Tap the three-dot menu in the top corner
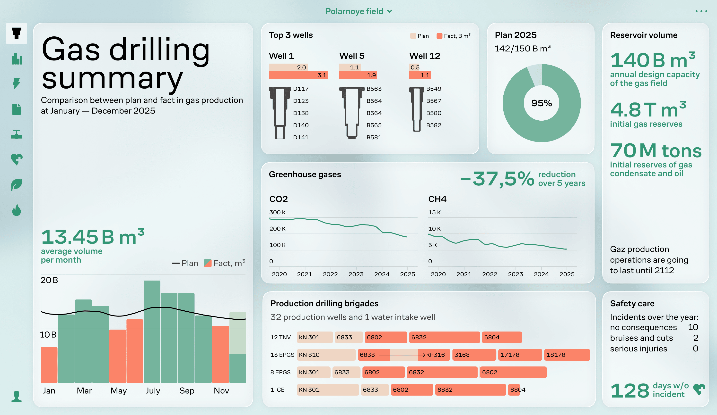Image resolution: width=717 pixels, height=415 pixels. tap(701, 11)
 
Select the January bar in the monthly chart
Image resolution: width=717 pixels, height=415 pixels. tap(49, 365)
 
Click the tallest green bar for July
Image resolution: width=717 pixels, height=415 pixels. tap(152, 331)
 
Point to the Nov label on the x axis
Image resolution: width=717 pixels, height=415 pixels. tap(221, 391)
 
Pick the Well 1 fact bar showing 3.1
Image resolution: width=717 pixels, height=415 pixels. tap(298, 75)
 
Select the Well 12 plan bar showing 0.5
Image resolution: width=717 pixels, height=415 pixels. tap(414, 67)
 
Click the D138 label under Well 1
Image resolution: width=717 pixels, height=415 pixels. tap(301, 113)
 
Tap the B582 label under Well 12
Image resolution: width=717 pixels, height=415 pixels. tap(434, 125)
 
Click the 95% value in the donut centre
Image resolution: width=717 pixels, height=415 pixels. tap(542, 103)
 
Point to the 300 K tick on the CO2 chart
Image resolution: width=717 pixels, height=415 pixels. tap(277, 212)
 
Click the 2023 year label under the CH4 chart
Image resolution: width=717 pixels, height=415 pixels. tap(515, 274)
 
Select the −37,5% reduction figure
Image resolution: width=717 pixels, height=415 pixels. tap(497, 179)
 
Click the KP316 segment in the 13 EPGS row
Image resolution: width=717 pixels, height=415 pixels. tap(435, 355)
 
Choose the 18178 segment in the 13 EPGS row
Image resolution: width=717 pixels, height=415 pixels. tap(567, 355)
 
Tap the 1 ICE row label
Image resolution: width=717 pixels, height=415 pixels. tap(277, 390)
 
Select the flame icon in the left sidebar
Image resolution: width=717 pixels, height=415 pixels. tap(17, 210)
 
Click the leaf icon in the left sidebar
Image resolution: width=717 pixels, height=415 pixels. tap(17, 185)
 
